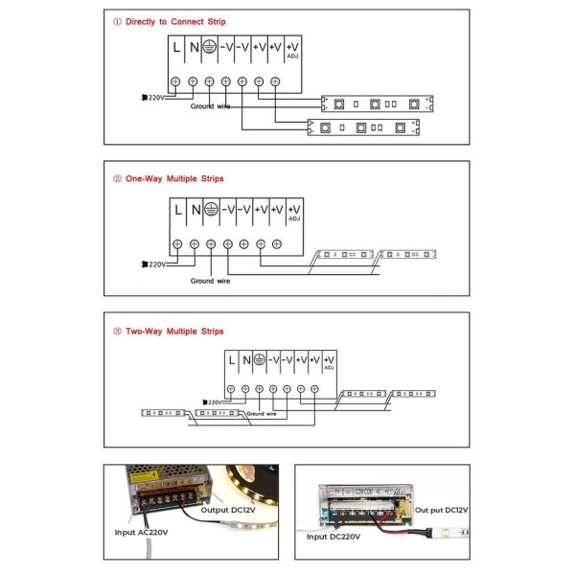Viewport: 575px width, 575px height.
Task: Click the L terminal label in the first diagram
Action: pyautogui.click(x=177, y=45)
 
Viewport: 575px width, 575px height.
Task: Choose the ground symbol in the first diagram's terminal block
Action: pyautogui.click(x=210, y=45)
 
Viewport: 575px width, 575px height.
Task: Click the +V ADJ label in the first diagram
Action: pyautogui.click(x=293, y=48)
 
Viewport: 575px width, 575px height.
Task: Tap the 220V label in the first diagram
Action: pyautogui.click(x=154, y=97)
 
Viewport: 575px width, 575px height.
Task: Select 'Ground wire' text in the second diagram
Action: pyautogui.click(x=210, y=281)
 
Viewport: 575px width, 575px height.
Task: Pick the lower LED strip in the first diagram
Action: pyautogui.click(x=363, y=126)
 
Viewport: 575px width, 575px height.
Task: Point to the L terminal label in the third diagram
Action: pyautogui.click(x=232, y=359)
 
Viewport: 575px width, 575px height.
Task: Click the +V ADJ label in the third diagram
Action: pyautogui.click(x=329, y=361)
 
